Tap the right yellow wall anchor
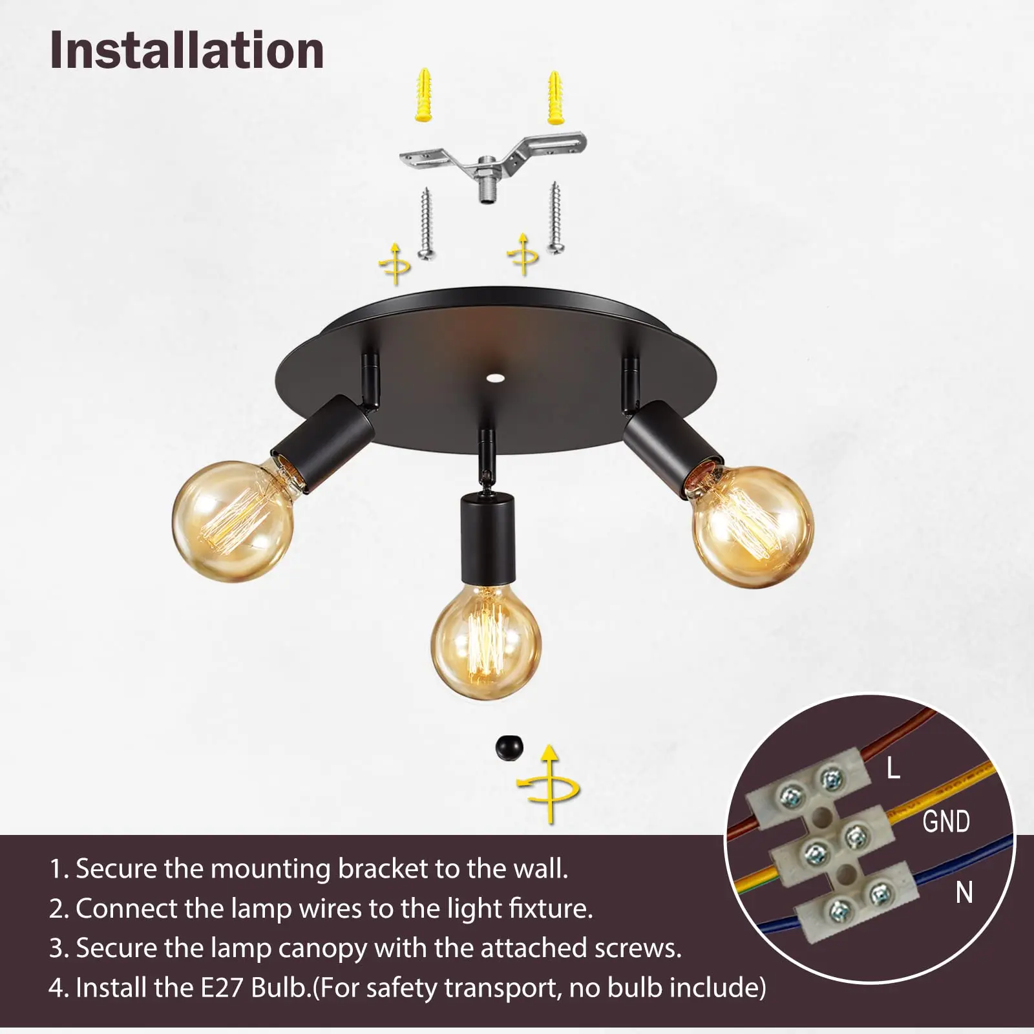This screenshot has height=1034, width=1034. [554, 97]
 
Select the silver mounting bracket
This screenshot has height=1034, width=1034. [492, 162]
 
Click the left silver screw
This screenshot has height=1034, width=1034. [425, 223]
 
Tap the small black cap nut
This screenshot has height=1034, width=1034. [509, 748]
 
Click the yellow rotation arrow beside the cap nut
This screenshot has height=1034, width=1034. [549, 785]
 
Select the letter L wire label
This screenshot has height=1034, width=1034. [893, 768]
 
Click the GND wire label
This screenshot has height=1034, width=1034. [945, 821]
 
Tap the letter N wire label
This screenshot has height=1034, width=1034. [964, 892]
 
